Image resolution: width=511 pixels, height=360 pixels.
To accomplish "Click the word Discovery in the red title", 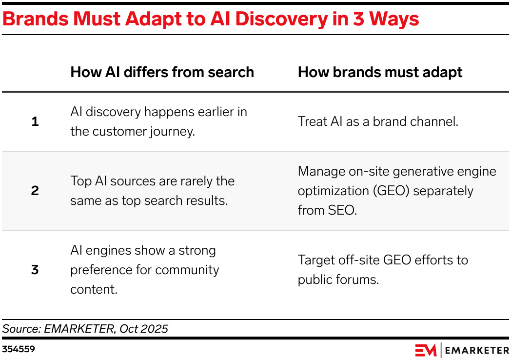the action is [x=281, y=19].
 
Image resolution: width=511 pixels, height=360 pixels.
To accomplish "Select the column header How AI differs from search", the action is [x=162, y=72].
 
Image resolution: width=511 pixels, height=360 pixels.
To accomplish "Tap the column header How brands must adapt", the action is [x=380, y=72].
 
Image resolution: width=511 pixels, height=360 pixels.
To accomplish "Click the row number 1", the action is [x=35, y=121].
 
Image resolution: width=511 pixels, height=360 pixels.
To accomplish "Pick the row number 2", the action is [x=35, y=191].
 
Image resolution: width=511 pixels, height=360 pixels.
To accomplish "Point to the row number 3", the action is [x=35, y=270].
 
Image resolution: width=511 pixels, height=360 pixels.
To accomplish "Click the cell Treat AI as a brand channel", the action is [x=378, y=121].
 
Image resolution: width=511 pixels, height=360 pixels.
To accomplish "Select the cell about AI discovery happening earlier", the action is [x=158, y=121].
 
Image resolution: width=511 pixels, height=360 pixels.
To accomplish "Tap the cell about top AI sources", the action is [x=153, y=191].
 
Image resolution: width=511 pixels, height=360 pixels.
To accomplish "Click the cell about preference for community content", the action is [x=145, y=270].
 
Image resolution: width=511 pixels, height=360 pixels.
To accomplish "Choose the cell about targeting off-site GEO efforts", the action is [x=383, y=270].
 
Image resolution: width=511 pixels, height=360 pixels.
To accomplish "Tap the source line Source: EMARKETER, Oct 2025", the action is [x=85, y=329].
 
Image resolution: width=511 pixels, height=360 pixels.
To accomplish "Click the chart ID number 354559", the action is [x=19, y=349].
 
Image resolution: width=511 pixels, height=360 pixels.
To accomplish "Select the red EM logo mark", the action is [x=426, y=350].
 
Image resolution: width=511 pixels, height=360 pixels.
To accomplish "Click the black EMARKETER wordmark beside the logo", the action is [x=477, y=351].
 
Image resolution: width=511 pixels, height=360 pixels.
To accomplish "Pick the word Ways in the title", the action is [x=394, y=19].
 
